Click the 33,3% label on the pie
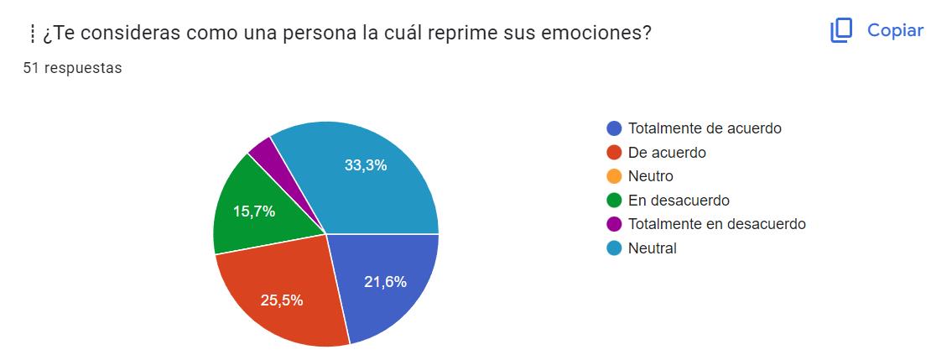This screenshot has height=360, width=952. [x=365, y=165]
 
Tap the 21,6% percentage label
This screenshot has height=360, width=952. [x=385, y=282]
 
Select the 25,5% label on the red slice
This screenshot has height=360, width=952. [x=281, y=300]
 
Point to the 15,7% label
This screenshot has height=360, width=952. [x=254, y=212]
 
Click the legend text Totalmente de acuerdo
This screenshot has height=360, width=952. [x=705, y=128]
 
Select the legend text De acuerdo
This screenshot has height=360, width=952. [x=667, y=153]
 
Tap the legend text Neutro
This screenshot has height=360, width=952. [x=650, y=176]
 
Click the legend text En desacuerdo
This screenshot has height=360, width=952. [x=679, y=201]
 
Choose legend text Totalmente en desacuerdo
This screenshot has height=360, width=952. [x=716, y=224]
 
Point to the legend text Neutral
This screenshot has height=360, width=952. [x=652, y=248]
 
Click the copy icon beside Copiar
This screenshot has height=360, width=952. [x=840, y=31]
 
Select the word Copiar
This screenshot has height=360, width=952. [x=895, y=31]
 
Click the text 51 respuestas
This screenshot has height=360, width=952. [x=72, y=68]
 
